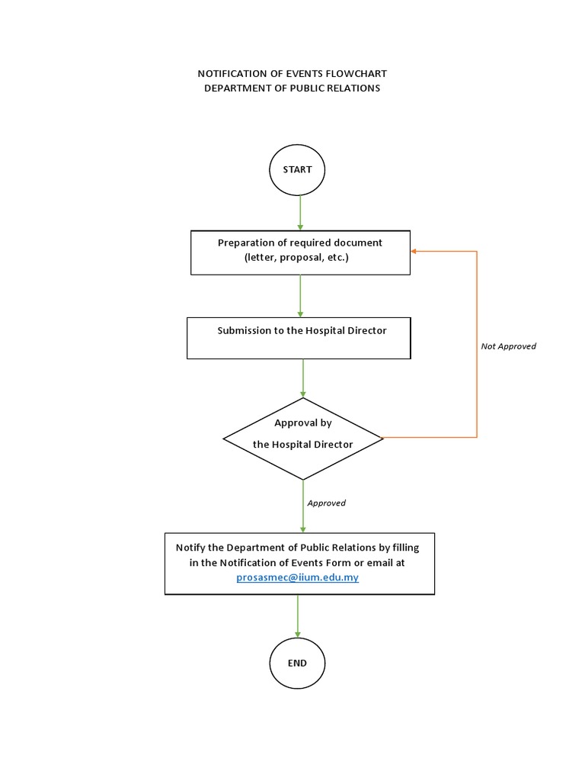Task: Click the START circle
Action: (x=297, y=170)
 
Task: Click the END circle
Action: (x=297, y=663)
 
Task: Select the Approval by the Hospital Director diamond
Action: (x=303, y=439)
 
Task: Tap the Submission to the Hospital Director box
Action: (x=299, y=338)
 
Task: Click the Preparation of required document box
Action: (x=300, y=252)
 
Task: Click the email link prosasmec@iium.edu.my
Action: (x=297, y=577)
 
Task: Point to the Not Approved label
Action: (x=508, y=346)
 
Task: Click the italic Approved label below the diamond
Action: (x=326, y=503)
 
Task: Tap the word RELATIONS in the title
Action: (x=352, y=88)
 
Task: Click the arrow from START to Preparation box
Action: (x=300, y=212)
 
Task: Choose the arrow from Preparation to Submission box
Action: (x=300, y=296)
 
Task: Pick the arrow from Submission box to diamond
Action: (x=303, y=378)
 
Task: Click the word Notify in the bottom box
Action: (x=190, y=548)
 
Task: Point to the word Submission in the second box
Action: (x=244, y=330)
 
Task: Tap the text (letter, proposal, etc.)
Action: (x=296, y=258)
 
